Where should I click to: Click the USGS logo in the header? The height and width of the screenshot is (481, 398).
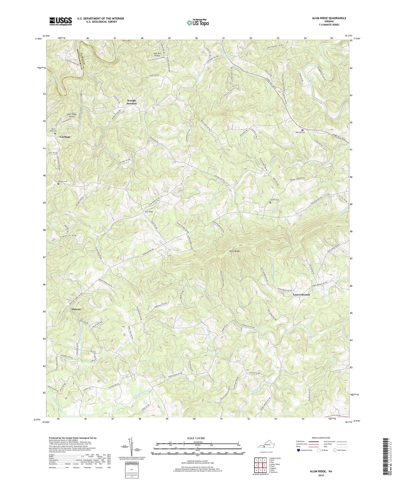click(61, 21)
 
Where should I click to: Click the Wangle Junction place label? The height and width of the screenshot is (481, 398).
click(131, 102)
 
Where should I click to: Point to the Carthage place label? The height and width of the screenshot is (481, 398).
click(64, 137)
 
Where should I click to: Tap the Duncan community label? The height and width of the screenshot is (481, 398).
click(76, 309)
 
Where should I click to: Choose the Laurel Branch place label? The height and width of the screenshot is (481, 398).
click(301, 294)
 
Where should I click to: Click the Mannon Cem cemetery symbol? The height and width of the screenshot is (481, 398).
click(302, 130)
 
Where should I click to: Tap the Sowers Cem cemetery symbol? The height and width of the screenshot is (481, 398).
click(270, 202)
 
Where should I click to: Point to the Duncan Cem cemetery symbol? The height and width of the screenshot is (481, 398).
click(58, 184)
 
